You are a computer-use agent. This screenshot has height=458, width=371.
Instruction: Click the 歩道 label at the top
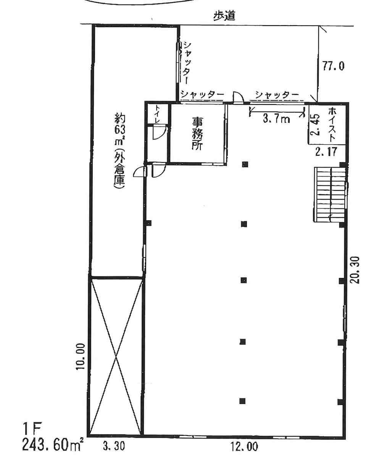pyautogui.click(x=224, y=16)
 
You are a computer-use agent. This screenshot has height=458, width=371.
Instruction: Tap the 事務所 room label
pyautogui.click(x=197, y=134)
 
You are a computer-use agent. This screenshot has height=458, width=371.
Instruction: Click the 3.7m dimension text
pyautogui.click(x=276, y=119)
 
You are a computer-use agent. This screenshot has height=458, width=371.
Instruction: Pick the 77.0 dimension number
pyautogui.click(x=333, y=66)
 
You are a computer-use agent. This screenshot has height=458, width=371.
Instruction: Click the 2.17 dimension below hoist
pyautogui.click(x=326, y=152)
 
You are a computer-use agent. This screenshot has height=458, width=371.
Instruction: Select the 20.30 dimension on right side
pyautogui.click(x=355, y=270)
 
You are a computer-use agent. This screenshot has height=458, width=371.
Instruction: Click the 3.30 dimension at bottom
pyautogui.click(x=114, y=446)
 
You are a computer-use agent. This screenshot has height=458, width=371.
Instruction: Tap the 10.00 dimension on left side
pyautogui.click(x=81, y=356)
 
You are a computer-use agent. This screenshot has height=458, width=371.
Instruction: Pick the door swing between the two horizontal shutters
pyautogui.click(x=238, y=97)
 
